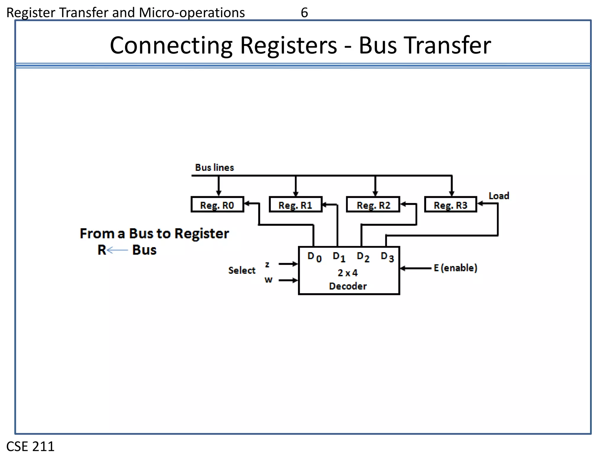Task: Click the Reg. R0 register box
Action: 217,205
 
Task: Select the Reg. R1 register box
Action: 295,205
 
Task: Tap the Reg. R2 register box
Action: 373,205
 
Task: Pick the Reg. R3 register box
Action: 450,205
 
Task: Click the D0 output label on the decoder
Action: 314,257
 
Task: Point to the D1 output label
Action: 339,257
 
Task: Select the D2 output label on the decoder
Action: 363,257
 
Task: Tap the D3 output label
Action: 387,257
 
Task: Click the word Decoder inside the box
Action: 348,286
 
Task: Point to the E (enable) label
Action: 455,268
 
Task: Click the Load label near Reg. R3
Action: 499,196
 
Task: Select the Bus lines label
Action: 215,168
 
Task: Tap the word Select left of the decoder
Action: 242,270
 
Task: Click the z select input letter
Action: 267,264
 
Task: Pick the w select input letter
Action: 268,280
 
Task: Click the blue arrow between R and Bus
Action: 117,250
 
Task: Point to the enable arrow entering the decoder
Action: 415,268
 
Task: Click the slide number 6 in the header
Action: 304,13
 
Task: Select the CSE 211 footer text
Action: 30,446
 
